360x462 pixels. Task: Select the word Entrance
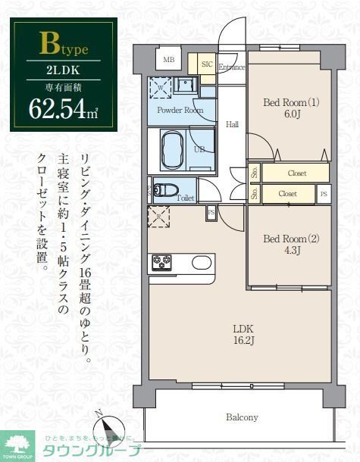[x=231, y=67]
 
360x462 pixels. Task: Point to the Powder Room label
[x=180, y=110]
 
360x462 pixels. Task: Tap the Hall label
[x=232, y=125]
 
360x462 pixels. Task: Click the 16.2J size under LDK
[x=243, y=341]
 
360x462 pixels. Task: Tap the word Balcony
[x=242, y=417]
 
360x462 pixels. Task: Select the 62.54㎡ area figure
[x=63, y=108]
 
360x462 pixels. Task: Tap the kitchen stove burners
[x=161, y=262]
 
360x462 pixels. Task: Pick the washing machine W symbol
[x=161, y=87]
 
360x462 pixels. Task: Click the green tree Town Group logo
[x=17, y=442]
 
